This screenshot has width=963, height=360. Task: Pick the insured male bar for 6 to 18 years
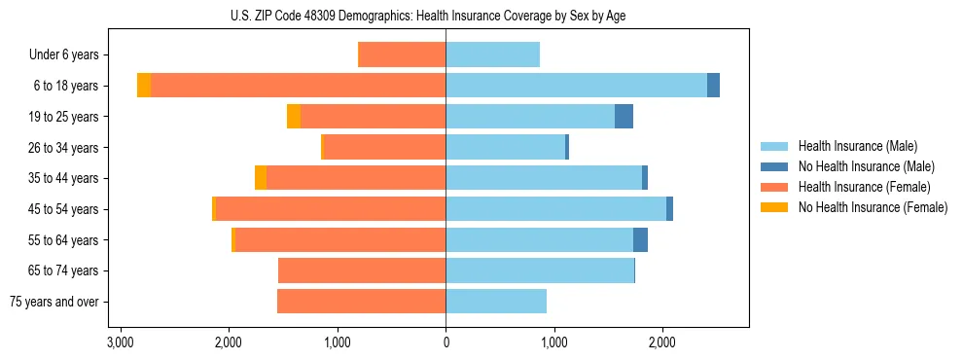coord(576,86)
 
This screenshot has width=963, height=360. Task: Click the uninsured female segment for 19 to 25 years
coord(294,117)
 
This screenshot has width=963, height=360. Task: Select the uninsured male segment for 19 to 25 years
coord(624,117)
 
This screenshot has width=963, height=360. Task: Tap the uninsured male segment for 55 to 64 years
coord(640,240)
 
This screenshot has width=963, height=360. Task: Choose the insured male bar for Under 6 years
coord(492,55)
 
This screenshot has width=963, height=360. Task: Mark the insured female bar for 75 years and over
coord(361,302)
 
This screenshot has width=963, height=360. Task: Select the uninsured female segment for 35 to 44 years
coord(261,178)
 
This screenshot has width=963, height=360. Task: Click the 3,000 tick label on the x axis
coord(121,342)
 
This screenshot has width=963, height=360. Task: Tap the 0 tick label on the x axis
coord(446,342)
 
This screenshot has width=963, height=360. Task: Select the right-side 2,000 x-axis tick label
coord(662,342)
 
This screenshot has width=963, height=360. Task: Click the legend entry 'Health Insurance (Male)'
coord(857,146)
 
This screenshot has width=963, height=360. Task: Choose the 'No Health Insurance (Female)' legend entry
coord(872,207)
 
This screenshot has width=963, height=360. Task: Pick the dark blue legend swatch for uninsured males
coord(774,166)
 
